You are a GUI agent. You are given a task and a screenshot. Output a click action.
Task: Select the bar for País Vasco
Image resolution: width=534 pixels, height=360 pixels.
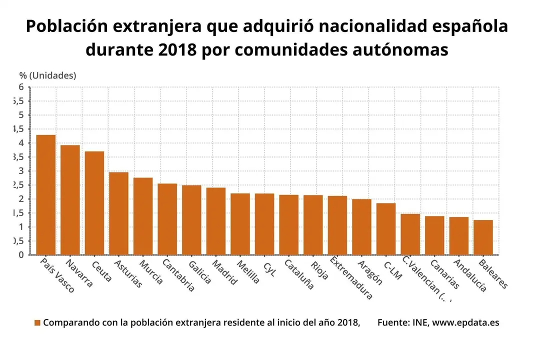(46, 195)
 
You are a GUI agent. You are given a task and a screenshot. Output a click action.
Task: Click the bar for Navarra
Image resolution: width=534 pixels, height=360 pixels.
(70, 200)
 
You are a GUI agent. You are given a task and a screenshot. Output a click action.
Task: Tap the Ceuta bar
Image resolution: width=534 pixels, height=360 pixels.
(94, 203)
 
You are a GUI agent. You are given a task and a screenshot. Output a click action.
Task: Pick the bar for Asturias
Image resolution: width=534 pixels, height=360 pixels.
(118, 213)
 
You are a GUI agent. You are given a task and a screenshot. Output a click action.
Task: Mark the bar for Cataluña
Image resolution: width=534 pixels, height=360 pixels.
(288, 224)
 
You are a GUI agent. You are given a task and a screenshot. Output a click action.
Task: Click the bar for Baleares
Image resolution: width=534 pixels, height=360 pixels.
(483, 237)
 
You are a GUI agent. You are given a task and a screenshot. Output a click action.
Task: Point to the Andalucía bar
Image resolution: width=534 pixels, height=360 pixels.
(458, 236)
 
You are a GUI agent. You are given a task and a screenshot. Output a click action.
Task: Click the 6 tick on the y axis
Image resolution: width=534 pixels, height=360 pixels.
(21, 87)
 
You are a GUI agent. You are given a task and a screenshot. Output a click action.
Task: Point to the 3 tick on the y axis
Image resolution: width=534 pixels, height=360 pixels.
(21, 171)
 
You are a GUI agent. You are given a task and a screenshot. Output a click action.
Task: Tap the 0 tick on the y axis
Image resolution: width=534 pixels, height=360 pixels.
(21, 255)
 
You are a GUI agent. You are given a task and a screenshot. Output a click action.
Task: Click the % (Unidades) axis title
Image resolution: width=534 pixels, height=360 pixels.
(48, 75)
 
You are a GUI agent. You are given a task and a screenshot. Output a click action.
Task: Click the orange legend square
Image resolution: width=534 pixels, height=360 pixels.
(37, 323)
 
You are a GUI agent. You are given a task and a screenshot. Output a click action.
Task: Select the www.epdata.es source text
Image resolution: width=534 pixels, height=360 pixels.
(465, 322)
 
